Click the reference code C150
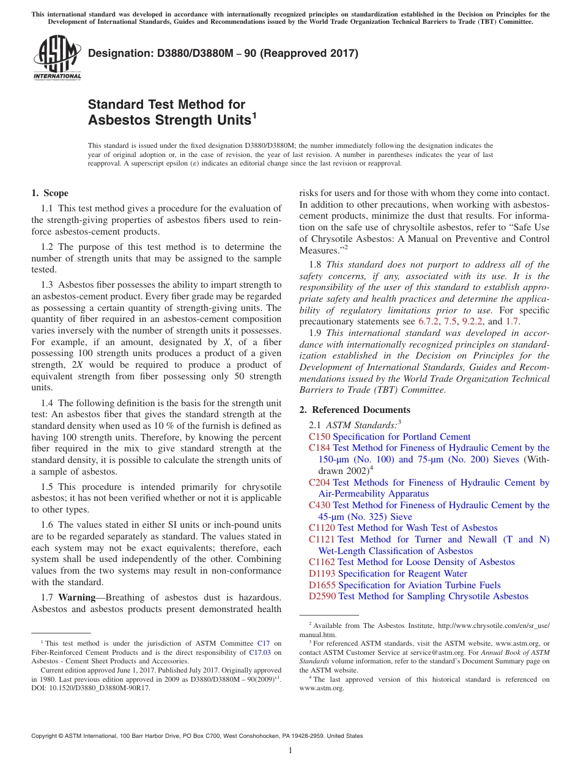[x=319, y=437]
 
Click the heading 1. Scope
[x=50, y=193]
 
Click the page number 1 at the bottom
[x=290, y=751]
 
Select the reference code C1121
[x=322, y=539]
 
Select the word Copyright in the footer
[x=46, y=736]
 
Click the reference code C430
[x=319, y=505]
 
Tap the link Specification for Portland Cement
[x=401, y=437]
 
